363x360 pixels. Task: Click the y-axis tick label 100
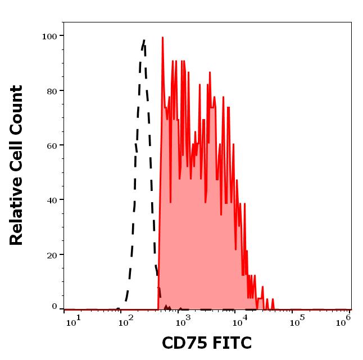(x=49, y=37)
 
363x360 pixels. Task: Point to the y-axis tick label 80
(x=52, y=91)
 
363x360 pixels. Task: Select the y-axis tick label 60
(x=52, y=145)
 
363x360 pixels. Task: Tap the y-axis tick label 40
(x=52, y=200)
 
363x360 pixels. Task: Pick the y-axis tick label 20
(x=52, y=255)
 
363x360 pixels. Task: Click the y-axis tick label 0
(x=55, y=307)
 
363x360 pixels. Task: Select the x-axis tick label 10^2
(x=127, y=320)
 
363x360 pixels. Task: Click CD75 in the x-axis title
(x=183, y=343)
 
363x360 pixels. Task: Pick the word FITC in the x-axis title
(x=230, y=343)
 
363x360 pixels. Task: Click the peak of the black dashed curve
(x=144, y=40)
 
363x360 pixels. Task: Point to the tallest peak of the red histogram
(x=162, y=38)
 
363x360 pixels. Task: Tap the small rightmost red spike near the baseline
(x=273, y=299)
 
